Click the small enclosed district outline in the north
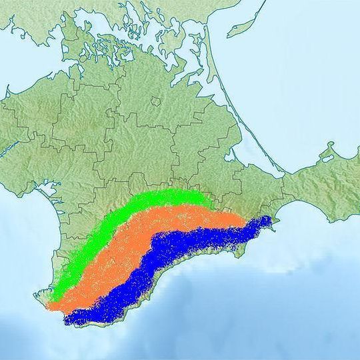pyautogui.click(x=156, y=101)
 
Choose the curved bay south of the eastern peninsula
pyautogui.click(x=293, y=213)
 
